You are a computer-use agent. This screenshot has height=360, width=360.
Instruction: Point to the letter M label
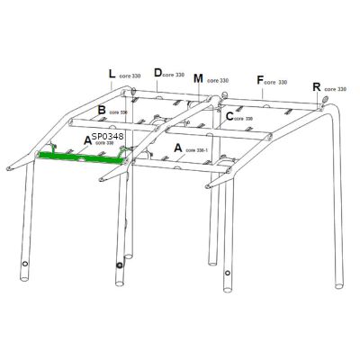[198, 78]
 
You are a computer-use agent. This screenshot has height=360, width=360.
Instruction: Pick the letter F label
[260, 80]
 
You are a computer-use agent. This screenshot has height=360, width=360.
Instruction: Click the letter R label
[316, 86]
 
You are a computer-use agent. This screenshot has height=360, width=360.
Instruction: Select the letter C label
[229, 115]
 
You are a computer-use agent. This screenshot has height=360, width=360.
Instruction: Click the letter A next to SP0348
[87, 140]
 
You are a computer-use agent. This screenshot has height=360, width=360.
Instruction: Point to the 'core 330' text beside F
[277, 82]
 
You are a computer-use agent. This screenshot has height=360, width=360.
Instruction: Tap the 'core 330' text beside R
[335, 89]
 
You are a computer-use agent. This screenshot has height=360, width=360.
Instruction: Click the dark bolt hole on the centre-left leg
[119, 265]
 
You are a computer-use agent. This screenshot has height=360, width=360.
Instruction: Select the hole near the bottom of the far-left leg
[23, 266]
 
